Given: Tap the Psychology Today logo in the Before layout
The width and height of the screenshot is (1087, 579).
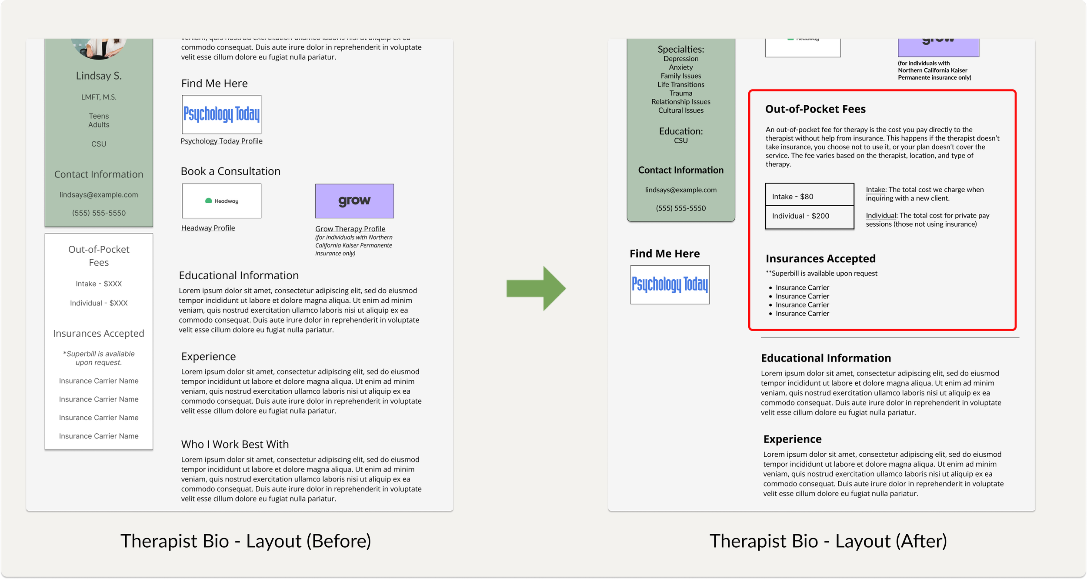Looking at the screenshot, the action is pos(221,114).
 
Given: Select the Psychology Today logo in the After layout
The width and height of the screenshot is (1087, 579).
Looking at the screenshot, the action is pos(670,284).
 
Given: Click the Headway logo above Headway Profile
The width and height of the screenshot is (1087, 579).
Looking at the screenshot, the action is pos(221,201).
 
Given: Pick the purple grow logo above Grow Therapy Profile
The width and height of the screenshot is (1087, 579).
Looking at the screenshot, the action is pos(354,201).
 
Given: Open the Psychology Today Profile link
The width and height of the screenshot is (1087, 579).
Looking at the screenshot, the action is pos(221,141).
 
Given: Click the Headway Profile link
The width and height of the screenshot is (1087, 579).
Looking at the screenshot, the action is pos(208,228).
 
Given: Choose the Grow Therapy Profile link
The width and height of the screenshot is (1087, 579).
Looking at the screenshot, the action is pos(350,229).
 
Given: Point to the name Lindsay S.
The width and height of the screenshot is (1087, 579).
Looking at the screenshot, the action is pos(99,76).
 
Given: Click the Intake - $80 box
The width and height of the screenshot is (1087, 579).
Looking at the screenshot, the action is pos(809,196).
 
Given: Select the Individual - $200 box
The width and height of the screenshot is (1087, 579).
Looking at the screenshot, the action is pos(809,216).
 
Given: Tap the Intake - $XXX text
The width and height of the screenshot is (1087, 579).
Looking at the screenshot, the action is pos(99,284).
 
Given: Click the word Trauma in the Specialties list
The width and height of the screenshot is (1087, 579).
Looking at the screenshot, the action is pos(680,93).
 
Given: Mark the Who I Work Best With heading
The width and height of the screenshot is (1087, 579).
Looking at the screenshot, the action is pos(235,444).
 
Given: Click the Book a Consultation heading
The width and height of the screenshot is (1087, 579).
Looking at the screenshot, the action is pos(230,171).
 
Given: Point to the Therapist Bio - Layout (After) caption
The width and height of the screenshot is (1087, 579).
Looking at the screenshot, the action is pos(828,541).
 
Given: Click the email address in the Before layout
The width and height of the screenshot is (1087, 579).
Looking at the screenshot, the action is pos(99,195).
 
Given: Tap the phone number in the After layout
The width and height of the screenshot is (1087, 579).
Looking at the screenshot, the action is pos(680,208).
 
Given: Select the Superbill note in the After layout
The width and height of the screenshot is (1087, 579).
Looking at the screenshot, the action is pos(822,273).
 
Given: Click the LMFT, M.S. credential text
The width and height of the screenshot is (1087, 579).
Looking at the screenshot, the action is pos(99,97).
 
